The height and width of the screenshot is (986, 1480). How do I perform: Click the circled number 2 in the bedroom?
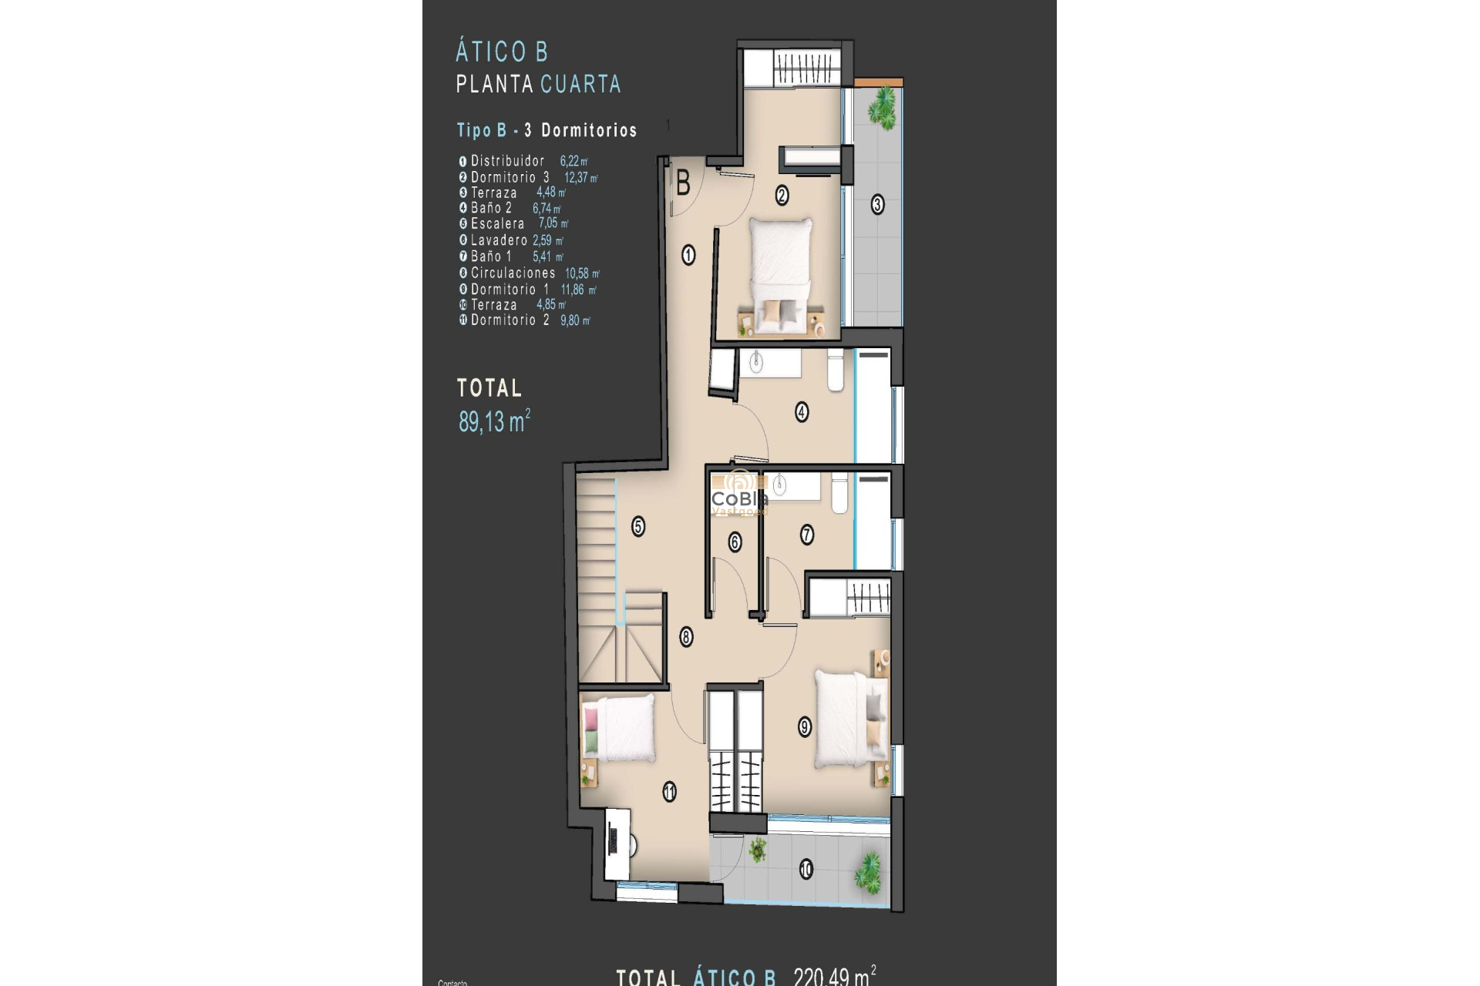[x=782, y=196]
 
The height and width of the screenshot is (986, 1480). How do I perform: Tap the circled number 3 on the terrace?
[x=877, y=205]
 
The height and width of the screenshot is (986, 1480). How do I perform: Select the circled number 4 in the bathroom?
[x=802, y=412]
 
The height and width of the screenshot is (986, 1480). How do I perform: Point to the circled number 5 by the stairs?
[x=638, y=527]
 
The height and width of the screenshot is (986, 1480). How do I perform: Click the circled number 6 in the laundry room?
[x=735, y=542]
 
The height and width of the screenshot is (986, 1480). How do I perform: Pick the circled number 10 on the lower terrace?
[x=806, y=870]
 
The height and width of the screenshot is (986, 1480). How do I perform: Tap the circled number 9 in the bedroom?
[x=805, y=726]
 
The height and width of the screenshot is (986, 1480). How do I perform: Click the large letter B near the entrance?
[x=683, y=184]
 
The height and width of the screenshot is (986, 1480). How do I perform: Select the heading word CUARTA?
[x=580, y=84]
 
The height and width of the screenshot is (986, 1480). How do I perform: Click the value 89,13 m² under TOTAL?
[x=494, y=421]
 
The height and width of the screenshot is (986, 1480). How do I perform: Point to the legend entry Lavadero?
[x=499, y=240]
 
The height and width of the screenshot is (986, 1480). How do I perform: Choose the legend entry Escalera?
[x=497, y=224]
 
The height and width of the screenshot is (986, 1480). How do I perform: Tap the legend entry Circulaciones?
[x=513, y=273]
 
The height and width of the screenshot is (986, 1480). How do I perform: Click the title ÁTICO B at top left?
[x=502, y=52]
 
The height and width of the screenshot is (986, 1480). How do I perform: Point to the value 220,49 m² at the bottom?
[x=834, y=977]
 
